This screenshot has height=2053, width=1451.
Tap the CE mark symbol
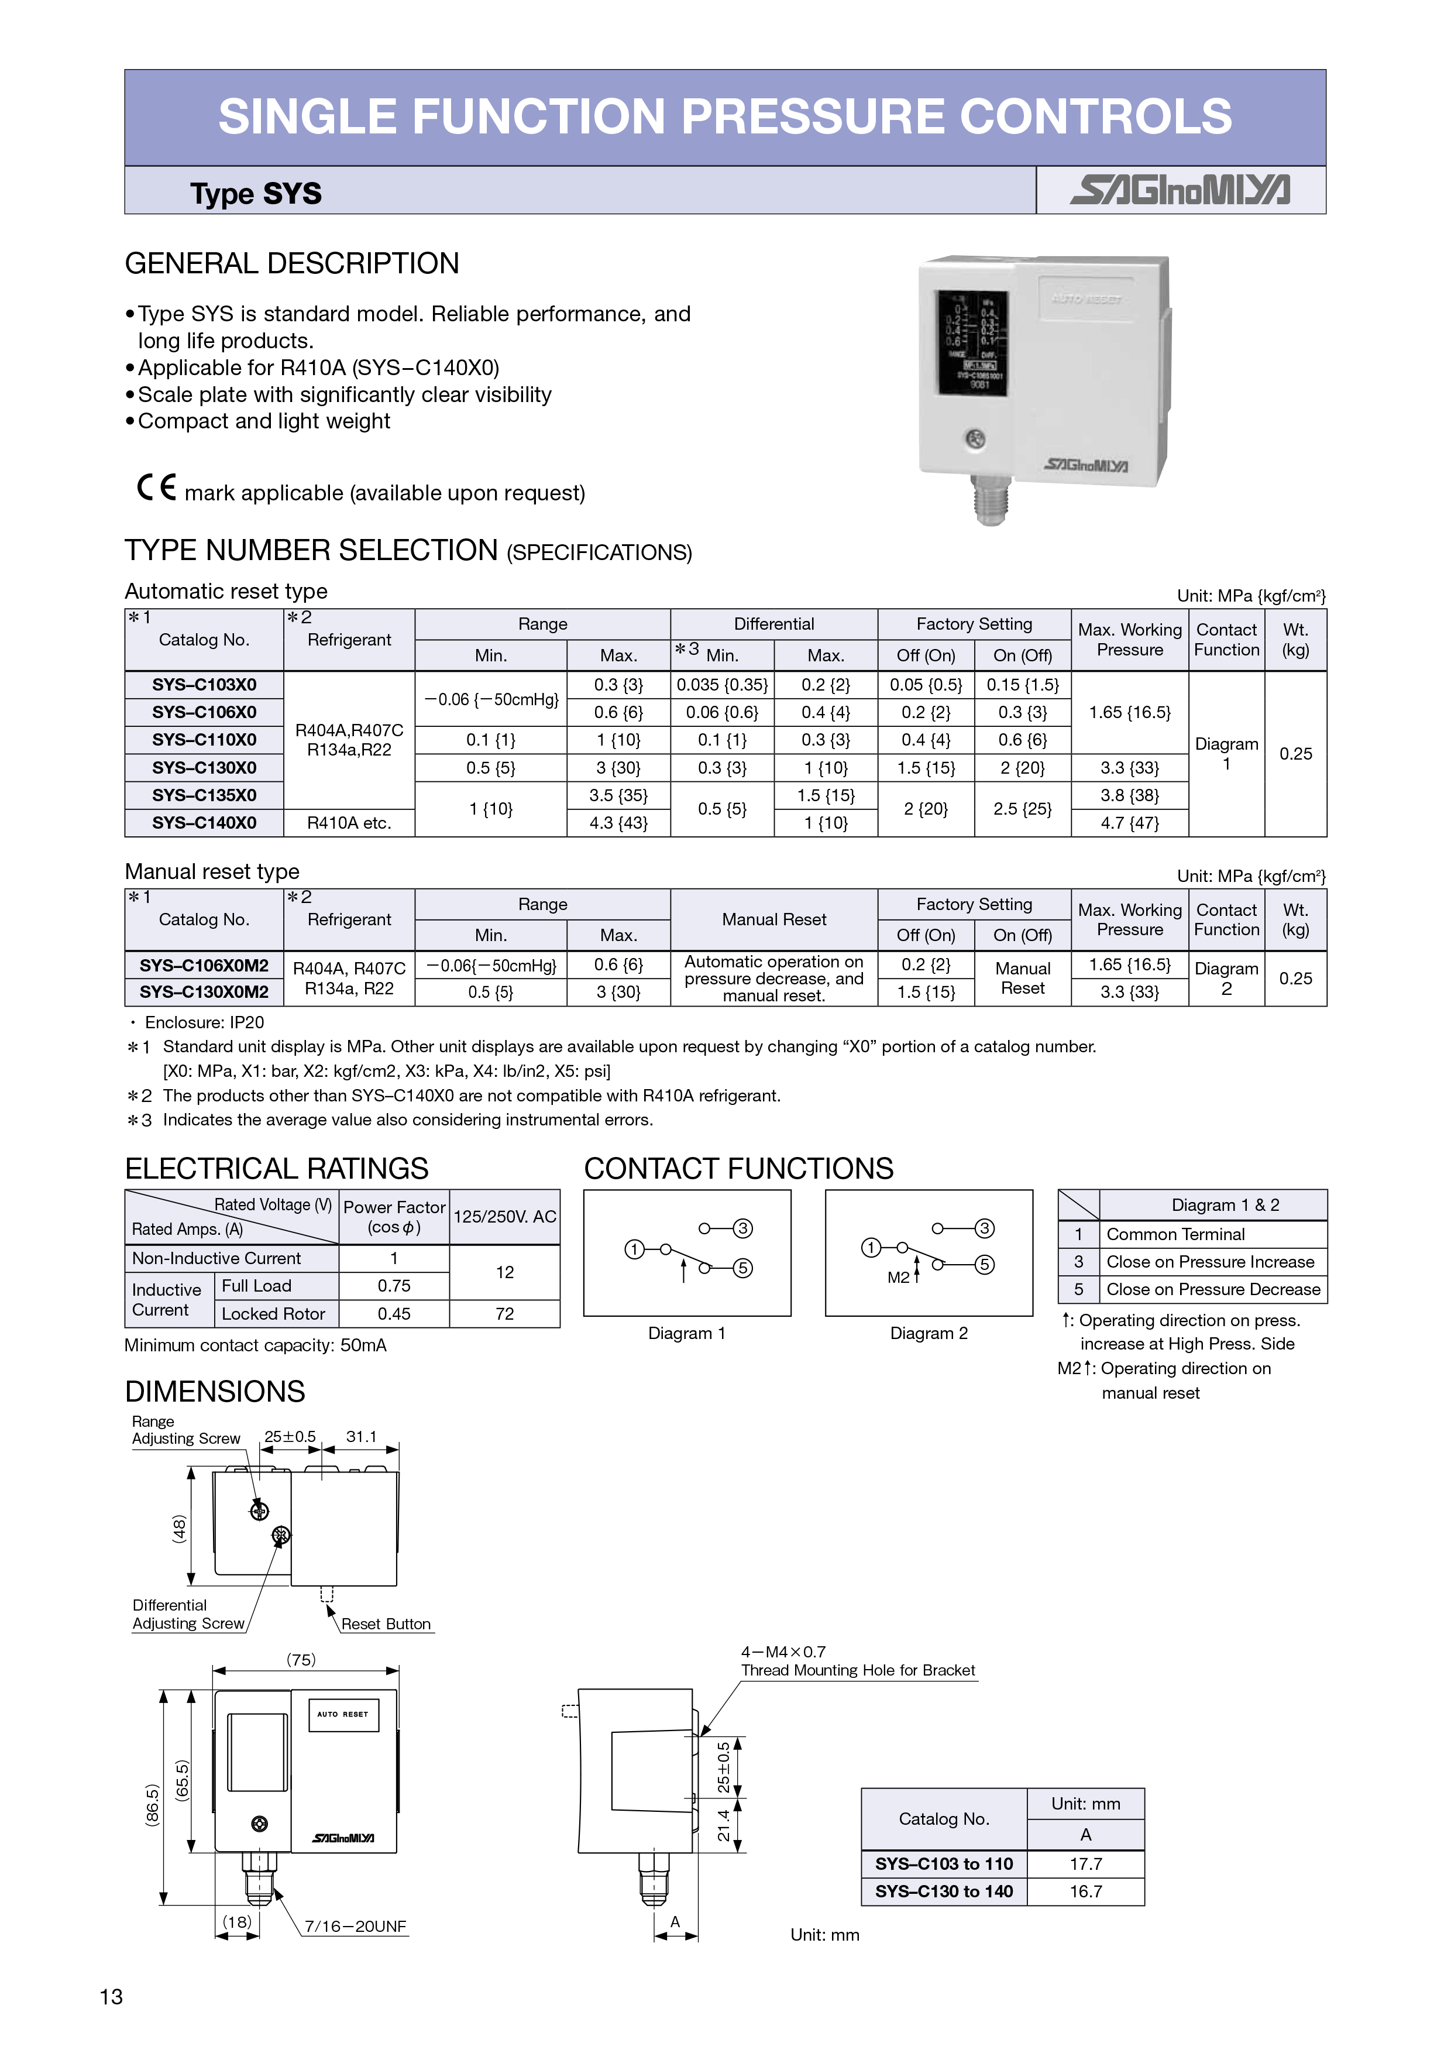156,487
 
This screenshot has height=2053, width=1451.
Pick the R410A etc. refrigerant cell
349,823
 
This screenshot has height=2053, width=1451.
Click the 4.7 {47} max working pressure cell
1129,823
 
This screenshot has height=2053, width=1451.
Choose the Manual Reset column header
773,919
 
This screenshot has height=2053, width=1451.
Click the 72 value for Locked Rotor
504,1313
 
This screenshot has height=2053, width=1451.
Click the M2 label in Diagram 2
898,1278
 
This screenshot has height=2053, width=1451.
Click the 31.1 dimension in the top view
361,1437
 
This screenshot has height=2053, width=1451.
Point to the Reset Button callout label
386,1624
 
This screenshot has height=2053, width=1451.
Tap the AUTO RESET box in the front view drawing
343,1714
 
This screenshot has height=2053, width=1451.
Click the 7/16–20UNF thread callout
355,1926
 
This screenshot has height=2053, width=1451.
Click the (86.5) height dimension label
153,1804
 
